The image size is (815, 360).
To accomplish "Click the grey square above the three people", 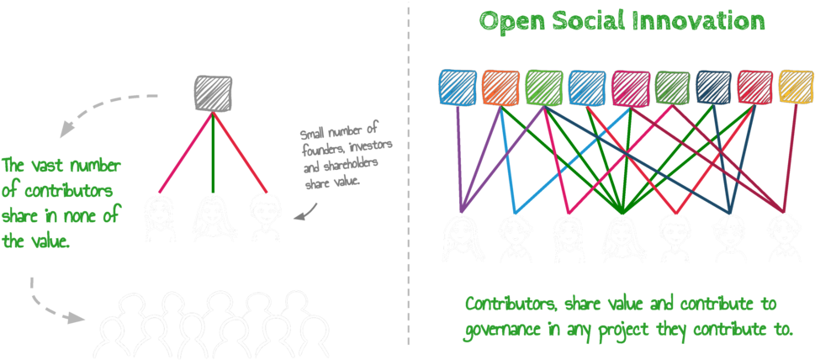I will point(213,92).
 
